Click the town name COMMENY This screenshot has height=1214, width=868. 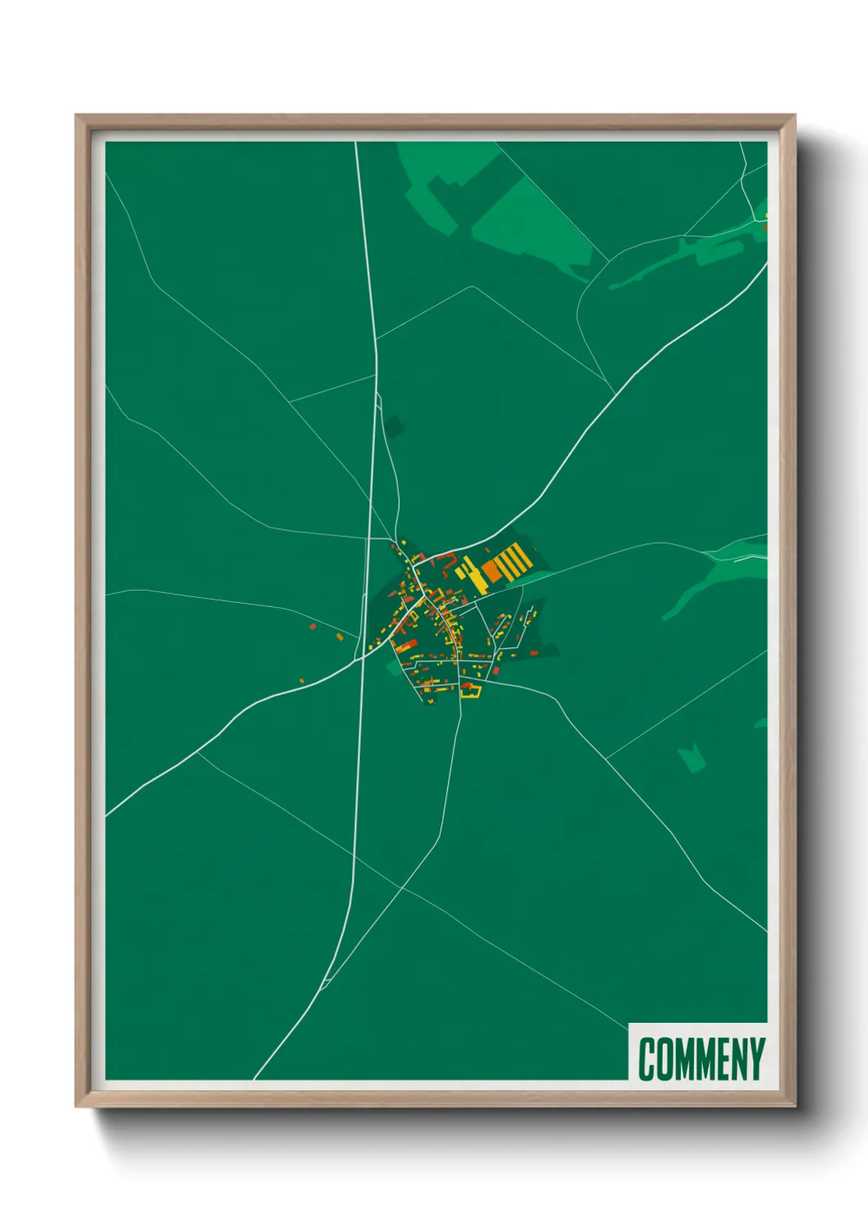click(701, 1059)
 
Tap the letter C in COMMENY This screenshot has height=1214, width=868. click(646, 1059)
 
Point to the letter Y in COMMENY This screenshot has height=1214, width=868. click(756, 1059)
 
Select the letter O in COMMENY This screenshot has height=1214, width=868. click(664, 1059)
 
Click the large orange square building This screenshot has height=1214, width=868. click(491, 569)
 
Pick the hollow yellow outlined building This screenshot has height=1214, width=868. click(471, 691)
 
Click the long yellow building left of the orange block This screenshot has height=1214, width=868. click(473, 574)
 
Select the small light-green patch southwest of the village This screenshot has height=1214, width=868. click(394, 668)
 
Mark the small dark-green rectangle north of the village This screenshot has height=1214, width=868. click(396, 427)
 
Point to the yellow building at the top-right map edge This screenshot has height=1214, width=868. click(767, 216)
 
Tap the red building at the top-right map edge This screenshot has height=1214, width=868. click(765, 226)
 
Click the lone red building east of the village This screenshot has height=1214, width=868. click(535, 653)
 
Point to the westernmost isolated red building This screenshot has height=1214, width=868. click(313, 626)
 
